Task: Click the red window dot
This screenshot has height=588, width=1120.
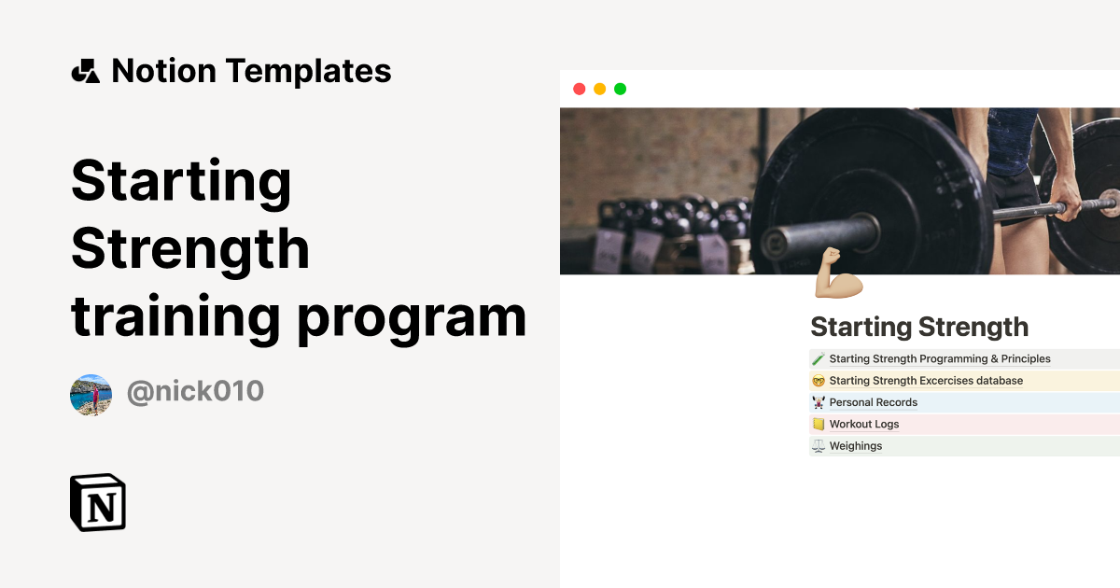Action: [579, 89]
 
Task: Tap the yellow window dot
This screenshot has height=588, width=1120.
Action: [599, 89]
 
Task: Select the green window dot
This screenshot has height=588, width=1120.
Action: [620, 89]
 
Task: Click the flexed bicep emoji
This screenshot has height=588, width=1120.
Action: [838, 273]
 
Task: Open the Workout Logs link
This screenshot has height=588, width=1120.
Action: [864, 425]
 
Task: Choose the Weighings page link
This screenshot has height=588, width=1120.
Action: [856, 446]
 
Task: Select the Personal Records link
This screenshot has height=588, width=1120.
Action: [874, 402]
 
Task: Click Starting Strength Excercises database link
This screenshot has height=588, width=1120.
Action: [926, 381]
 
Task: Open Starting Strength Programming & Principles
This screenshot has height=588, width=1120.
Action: [940, 359]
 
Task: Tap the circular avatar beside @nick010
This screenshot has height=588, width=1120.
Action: [91, 394]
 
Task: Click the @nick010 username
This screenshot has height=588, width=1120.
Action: [195, 392]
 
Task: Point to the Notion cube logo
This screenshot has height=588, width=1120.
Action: [98, 502]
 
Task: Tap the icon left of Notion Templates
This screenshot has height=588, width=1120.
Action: [86, 71]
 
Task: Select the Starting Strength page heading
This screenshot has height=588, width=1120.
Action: [919, 328]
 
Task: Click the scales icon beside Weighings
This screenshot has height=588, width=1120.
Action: [819, 446]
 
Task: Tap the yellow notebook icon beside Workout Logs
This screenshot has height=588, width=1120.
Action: [819, 425]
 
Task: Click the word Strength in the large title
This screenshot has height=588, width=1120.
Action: [190, 249]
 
